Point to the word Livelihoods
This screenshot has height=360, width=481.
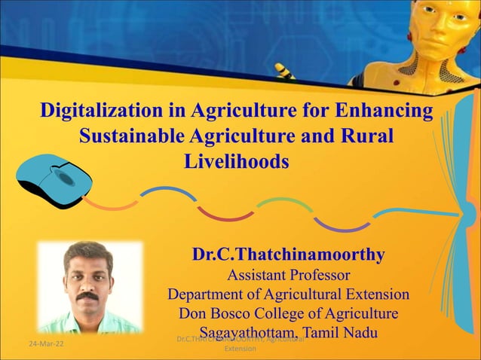pyautogui.click(x=236, y=161)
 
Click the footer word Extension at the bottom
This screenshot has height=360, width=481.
pyautogui.click(x=240, y=351)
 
